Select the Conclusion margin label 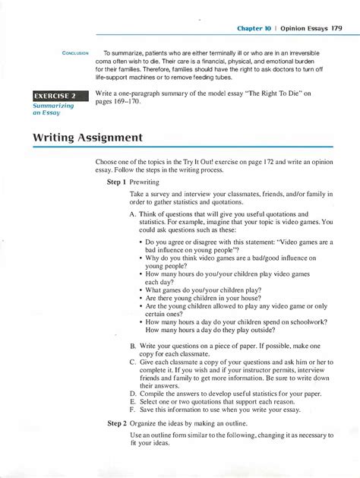tap(76, 52)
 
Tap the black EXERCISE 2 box tap(56, 95)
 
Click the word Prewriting tap(144, 182)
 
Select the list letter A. tap(133, 215)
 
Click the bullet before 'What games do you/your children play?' tap(142, 290)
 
